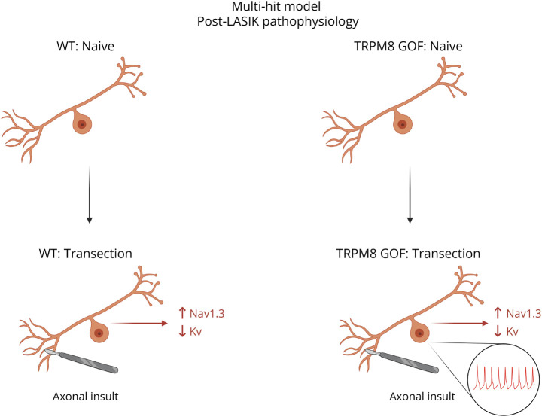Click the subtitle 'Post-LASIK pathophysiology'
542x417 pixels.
click(271, 23)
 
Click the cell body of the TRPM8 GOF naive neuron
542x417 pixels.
click(404, 124)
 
